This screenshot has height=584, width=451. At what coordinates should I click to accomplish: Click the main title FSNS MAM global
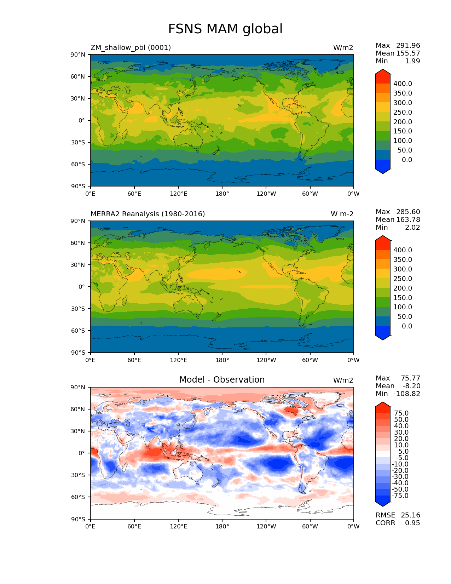[225, 29]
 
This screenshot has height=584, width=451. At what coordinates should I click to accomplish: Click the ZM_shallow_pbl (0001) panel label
[131, 47]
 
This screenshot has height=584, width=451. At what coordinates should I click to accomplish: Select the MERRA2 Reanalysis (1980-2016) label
[148, 214]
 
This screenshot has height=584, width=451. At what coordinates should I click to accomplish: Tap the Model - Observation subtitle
[222, 380]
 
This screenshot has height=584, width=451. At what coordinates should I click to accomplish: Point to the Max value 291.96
[408, 45]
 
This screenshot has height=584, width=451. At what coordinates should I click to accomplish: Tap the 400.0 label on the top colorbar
[403, 84]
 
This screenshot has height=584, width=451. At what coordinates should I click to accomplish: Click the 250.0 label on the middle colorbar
[403, 279]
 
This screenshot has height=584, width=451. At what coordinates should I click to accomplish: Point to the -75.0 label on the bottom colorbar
[400, 496]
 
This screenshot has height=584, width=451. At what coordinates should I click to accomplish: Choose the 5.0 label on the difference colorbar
[403, 451]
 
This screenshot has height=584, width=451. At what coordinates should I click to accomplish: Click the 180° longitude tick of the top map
[222, 194]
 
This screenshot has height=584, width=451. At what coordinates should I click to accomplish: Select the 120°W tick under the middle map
[266, 360]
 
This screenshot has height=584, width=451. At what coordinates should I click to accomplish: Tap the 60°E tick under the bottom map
[134, 526]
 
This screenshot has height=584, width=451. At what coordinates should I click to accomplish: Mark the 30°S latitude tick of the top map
[78, 142]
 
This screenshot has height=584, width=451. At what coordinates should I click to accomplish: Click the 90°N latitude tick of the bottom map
[78, 387]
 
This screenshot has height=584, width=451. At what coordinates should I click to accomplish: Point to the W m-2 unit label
[342, 214]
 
